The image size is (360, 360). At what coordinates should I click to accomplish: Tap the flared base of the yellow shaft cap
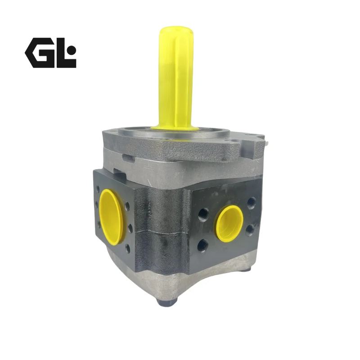coord(175,127)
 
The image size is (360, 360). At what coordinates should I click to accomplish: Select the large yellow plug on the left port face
coord(111,216)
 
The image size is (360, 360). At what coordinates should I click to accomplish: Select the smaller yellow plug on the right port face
coord(229,224)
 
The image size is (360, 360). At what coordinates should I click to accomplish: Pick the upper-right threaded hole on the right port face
coord(251,203)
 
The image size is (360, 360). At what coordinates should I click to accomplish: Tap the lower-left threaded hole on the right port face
coord(203,244)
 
